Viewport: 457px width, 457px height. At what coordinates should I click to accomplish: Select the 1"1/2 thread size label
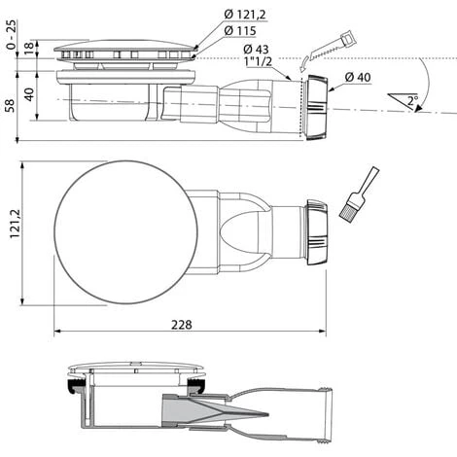(x=256, y=63)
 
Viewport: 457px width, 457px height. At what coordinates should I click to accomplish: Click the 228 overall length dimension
(x=182, y=324)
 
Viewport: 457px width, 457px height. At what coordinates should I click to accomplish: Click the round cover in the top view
(x=126, y=231)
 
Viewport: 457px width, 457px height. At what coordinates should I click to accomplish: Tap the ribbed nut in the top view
(x=316, y=232)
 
